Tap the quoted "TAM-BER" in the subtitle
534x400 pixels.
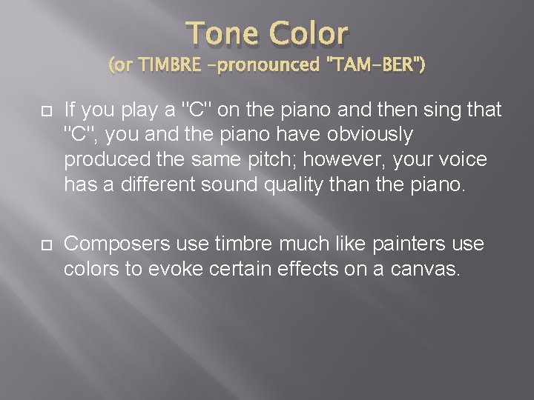point(378,67)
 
